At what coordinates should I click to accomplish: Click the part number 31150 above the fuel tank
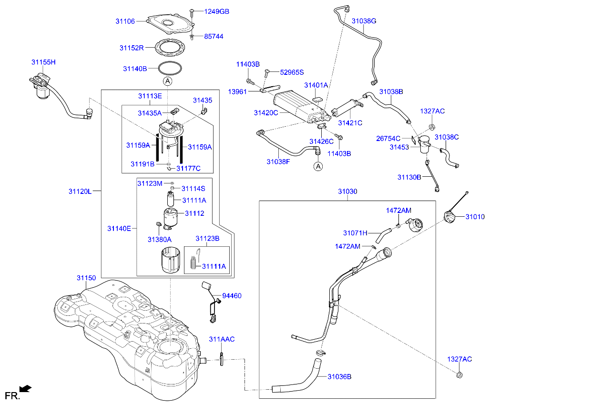click(86, 278)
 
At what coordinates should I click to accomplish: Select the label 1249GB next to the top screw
click(217, 11)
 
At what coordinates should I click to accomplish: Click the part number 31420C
click(266, 113)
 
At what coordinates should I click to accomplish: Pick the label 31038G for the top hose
click(364, 21)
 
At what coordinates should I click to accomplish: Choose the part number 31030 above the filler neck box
click(347, 192)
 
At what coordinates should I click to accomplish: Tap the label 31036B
click(339, 376)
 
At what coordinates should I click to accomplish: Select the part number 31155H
click(44, 62)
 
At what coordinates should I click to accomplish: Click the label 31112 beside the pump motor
click(194, 213)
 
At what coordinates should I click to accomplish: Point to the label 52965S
click(292, 72)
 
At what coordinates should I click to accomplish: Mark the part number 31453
click(399, 147)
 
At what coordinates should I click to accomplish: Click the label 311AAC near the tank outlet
click(222, 339)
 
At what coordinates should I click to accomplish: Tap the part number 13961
click(237, 91)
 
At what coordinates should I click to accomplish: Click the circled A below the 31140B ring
click(167, 81)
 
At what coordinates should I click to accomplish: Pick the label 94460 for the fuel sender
click(232, 296)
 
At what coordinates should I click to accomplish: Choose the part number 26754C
click(388, 139)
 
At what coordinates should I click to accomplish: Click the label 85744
click(214, 36)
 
